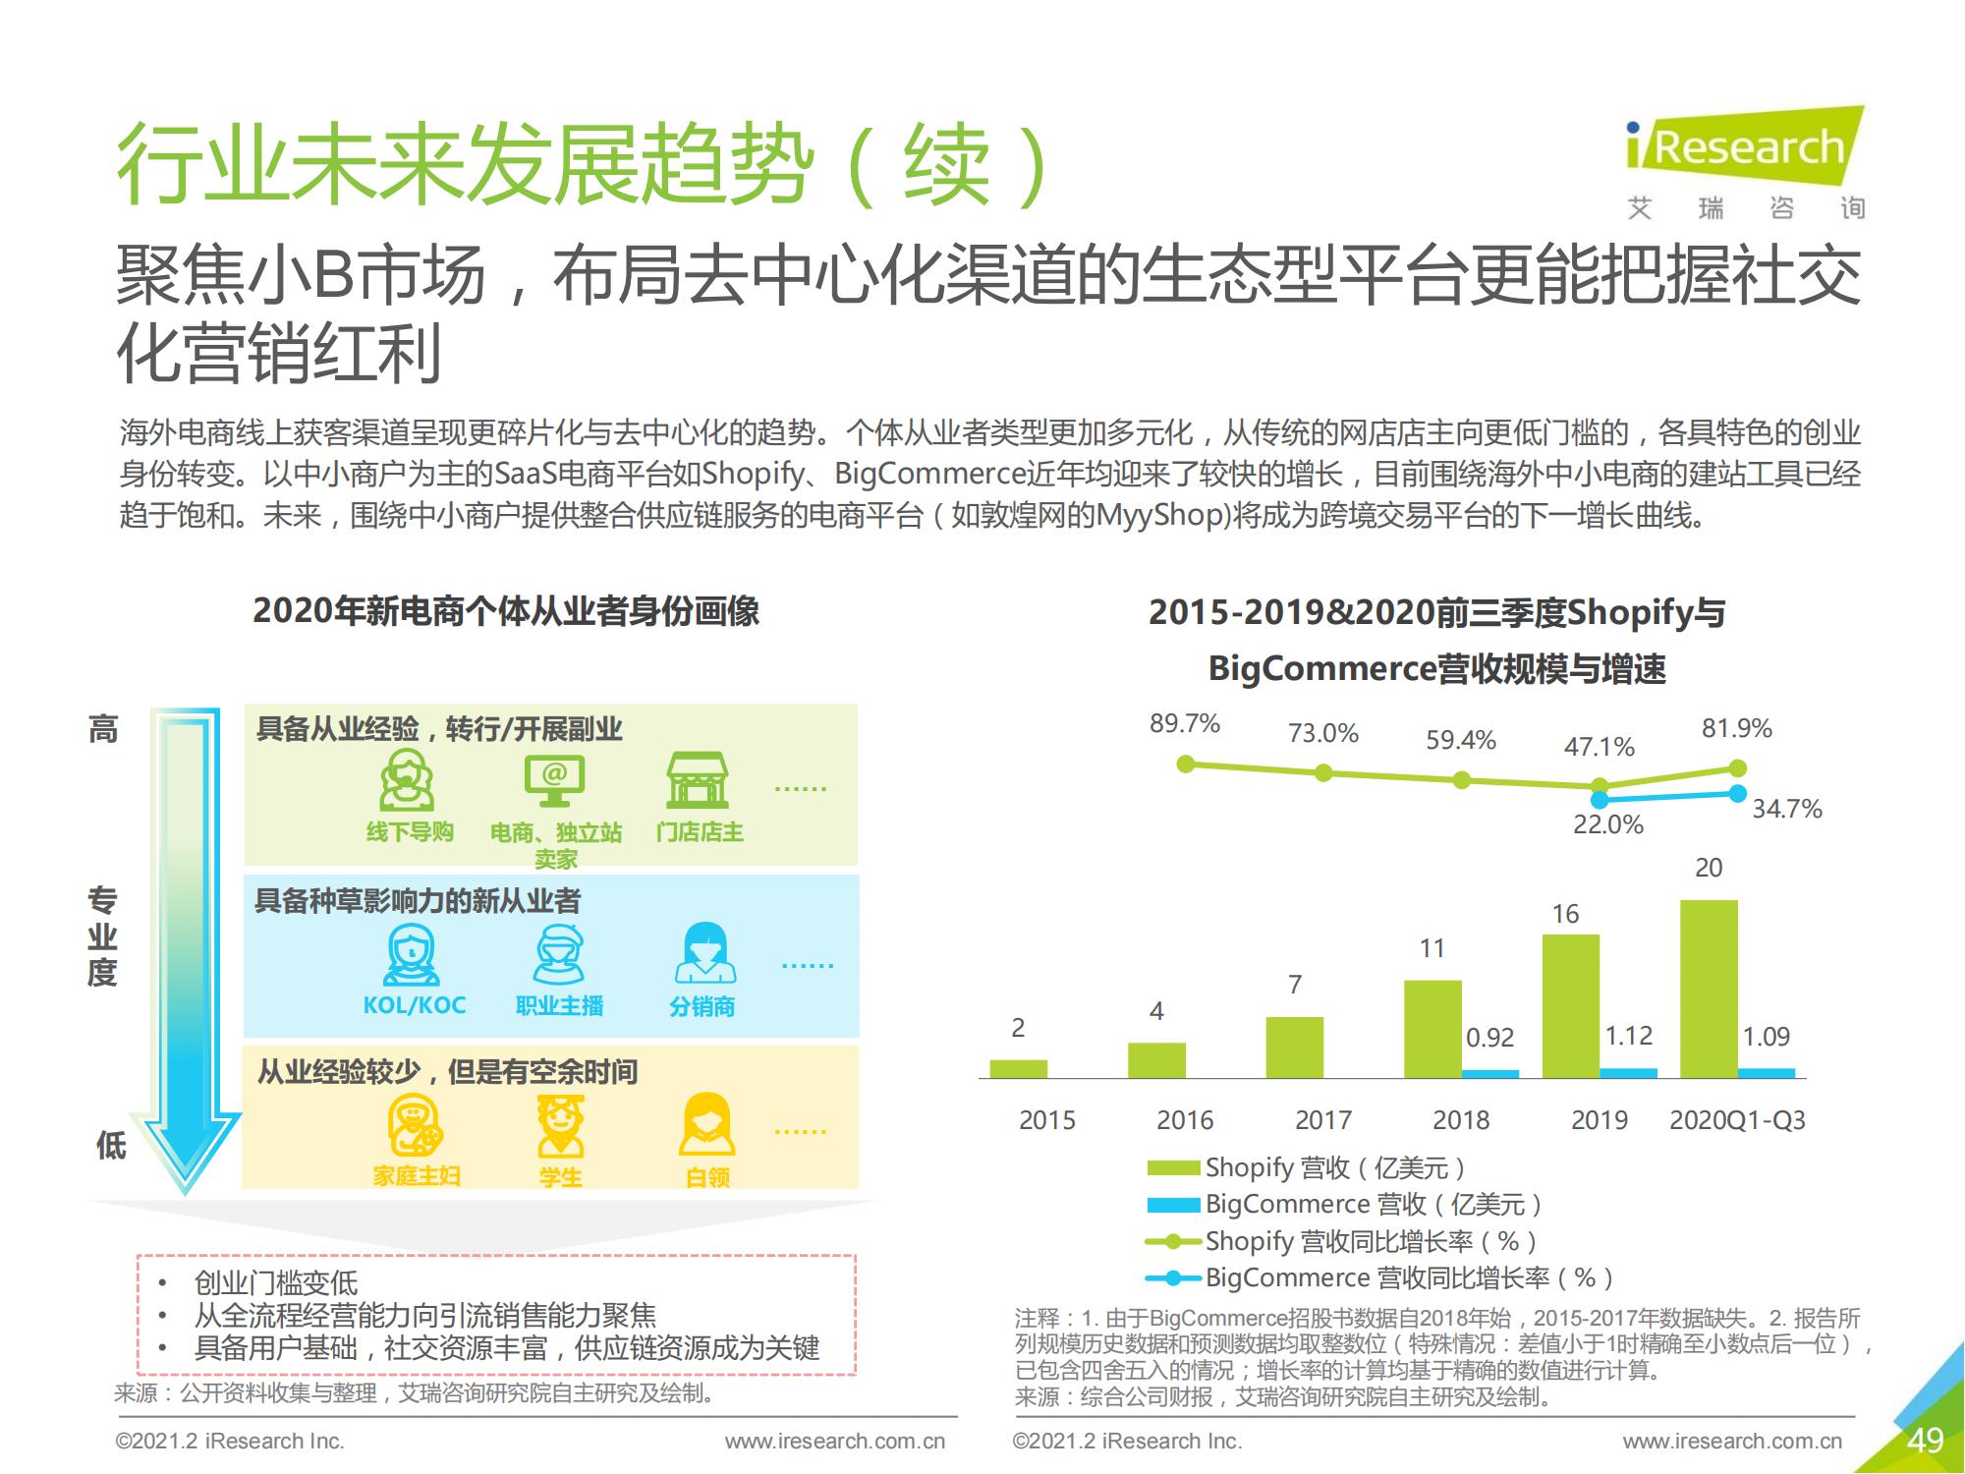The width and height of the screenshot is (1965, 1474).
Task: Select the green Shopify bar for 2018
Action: tap(1432, 1029)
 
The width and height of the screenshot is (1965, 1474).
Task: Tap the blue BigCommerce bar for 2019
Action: tap(1628, 1073)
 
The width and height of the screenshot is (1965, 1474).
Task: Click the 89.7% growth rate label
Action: tap(1184, 724)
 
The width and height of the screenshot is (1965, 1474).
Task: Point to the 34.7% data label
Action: tap(1786, 809)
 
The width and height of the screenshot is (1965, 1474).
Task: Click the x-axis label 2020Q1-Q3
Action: tap(1736, 1120)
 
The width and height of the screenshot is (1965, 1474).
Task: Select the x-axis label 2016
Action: tap(1184, 1120)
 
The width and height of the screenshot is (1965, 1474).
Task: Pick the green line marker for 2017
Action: tap(1323, 773)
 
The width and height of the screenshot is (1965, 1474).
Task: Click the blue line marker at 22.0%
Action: tap(1600, 799)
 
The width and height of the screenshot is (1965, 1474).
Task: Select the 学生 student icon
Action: tap(560, 1127)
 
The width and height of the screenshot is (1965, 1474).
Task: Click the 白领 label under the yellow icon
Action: tap(707, 1176)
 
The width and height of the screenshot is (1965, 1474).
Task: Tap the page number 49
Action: tap(1925, 1440)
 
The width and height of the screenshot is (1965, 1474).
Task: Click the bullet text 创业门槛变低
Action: tap(276, 1282)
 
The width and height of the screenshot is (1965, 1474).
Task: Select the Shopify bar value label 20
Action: tap(1709, 868)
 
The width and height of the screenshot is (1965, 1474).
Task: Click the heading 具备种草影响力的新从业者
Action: tap(418, 901)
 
